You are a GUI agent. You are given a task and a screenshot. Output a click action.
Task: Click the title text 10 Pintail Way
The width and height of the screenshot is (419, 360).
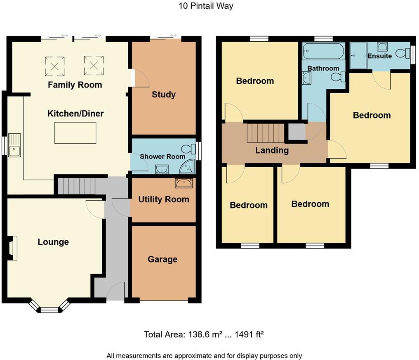(x=206, y=6)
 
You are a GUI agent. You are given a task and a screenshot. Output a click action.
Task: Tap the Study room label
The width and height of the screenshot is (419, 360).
(x=164, y=95)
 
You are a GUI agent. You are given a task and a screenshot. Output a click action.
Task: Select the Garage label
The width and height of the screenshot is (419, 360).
(x=162, y=259)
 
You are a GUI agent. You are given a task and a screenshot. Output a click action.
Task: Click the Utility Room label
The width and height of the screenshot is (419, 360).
(x=164, y=199)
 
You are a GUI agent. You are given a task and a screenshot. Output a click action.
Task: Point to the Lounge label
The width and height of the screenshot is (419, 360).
(x=53, y=242)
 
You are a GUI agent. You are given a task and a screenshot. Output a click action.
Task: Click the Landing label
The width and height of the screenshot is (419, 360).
(x=272, y=150)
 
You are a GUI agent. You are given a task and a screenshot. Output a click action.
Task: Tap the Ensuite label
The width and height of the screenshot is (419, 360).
(x=379, y=56)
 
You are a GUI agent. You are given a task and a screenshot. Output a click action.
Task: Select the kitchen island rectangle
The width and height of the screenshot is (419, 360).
(x=75, y=133)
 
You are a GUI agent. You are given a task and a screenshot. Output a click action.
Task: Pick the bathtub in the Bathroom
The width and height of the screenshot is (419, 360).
(x=323, y=52)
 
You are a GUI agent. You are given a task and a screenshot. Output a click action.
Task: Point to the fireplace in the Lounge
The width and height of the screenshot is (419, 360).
(x=13, y=248)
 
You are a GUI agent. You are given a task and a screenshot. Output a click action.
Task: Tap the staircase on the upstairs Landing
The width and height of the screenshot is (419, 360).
(x=265, y=133)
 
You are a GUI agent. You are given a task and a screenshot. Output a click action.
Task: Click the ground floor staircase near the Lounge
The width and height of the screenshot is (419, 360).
(x=76, y=186)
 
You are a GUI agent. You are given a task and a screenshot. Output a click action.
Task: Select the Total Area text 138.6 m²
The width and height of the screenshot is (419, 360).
(x=203, y=334)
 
